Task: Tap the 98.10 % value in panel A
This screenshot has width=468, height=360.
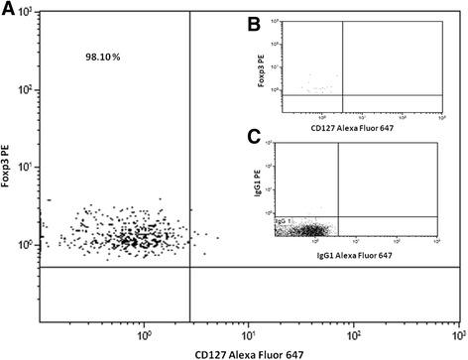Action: (x=101, y=58)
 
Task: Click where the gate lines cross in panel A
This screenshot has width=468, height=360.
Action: (x=189, y=267)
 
